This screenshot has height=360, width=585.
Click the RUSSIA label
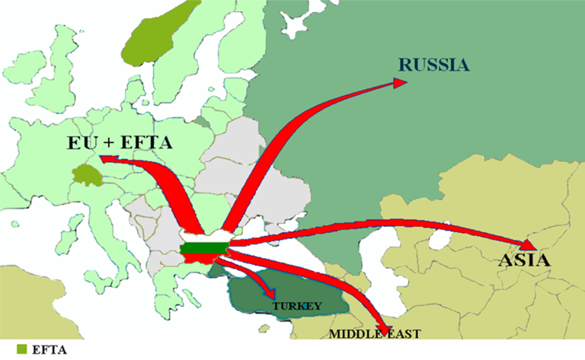433,64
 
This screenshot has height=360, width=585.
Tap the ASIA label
525,261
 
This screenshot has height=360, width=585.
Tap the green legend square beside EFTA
21,349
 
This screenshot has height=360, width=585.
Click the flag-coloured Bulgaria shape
206,249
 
